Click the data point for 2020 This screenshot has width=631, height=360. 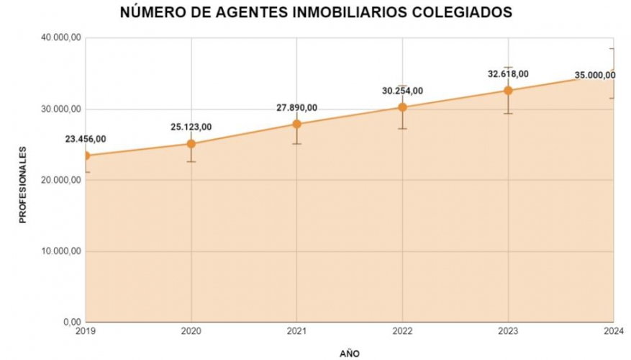point(191,143)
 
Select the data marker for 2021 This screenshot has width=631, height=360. point(296,124)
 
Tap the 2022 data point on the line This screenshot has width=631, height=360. point(402,107)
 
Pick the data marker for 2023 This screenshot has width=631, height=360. point(508,90)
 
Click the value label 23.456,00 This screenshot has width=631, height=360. point(85,139)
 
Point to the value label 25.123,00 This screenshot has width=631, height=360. point(191,127)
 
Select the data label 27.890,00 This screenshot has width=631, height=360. point(296,108)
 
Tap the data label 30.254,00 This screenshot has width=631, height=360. point(402,91)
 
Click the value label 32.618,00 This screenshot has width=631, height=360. point(508,73)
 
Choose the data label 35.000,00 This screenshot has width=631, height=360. point(594,75)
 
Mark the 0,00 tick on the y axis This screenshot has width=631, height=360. point(70,322)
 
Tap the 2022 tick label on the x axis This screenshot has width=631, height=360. point(402,332)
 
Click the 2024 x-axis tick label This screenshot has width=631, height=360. point(612,332)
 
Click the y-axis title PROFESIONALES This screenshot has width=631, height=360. point(22,184)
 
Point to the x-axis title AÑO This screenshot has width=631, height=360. point(349,353)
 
